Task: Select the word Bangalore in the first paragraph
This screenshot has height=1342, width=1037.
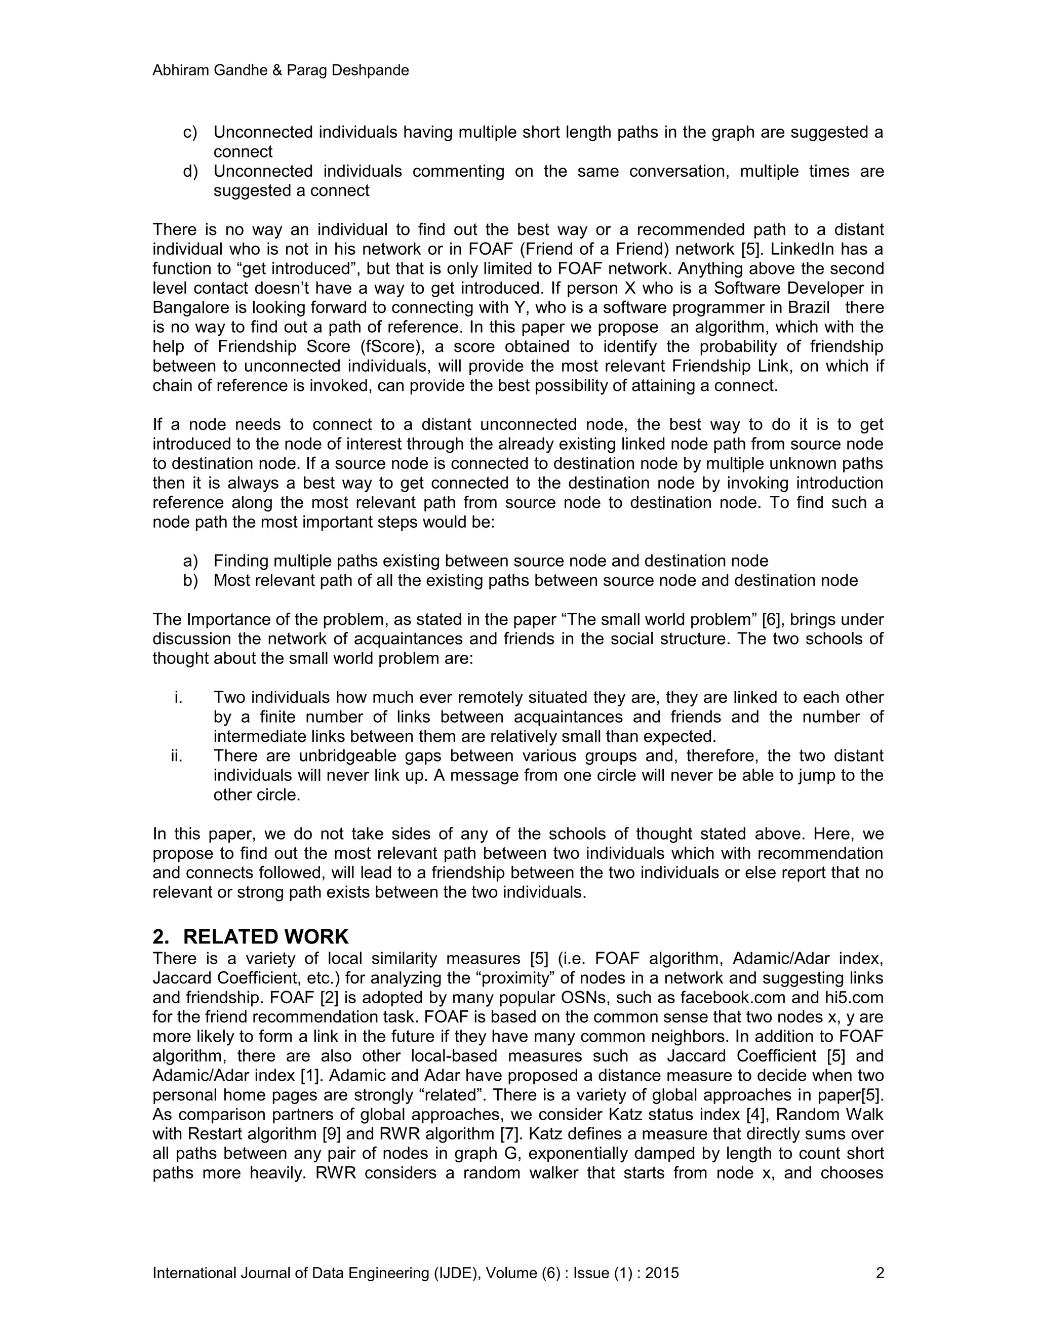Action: (x=192, y=307)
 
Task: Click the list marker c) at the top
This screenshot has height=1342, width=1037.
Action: (x=190, y=132)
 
